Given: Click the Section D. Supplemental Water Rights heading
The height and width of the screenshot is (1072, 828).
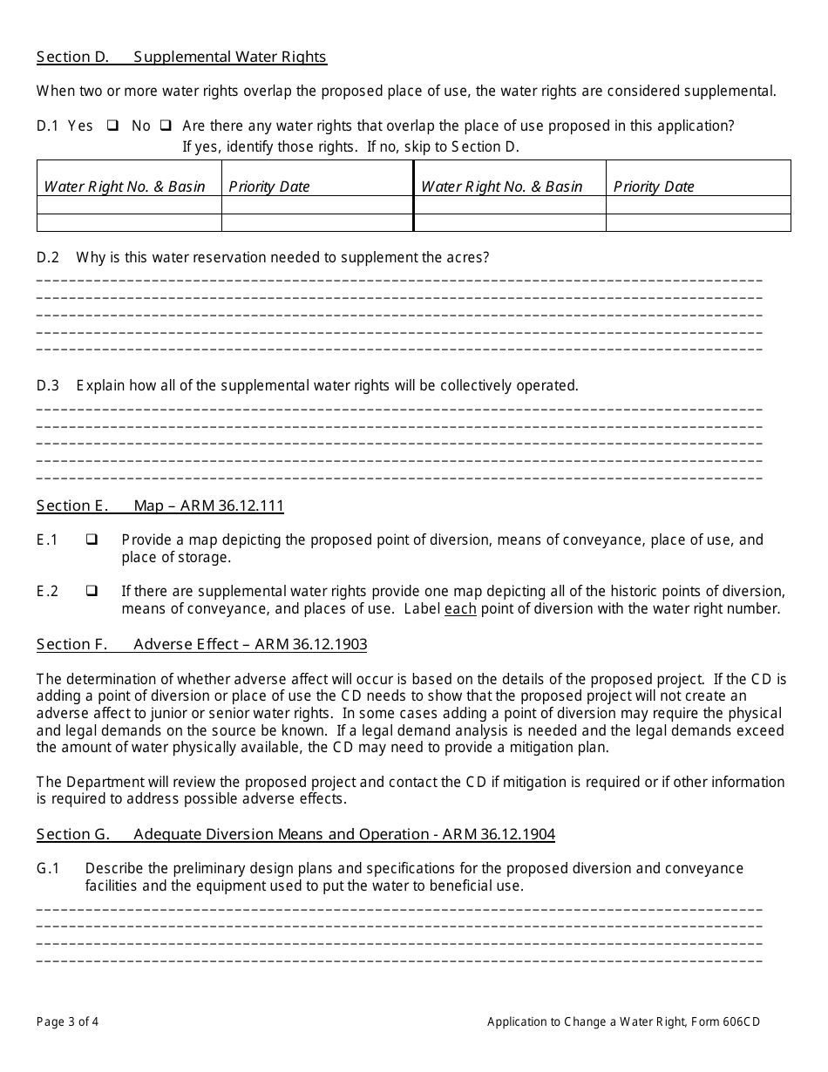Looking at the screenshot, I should coord(181,58).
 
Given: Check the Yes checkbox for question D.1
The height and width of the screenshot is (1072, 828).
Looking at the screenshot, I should coord(112,126).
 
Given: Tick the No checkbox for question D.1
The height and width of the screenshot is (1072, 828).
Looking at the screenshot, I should coord(165,126).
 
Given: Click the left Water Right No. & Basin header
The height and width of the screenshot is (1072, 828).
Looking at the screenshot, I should coord(125,187).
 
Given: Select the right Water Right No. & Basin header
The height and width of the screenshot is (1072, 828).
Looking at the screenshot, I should coord(502,187).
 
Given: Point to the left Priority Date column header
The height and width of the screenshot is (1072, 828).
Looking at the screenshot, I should coord(269,187).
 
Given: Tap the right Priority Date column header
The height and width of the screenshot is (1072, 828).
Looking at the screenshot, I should coord(654,187).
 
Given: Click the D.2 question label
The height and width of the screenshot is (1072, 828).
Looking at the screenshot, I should coord(48,257).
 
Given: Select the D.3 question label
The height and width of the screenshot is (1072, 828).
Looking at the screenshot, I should coord(48,385).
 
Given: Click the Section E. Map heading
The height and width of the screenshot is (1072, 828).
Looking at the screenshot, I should coord(160,505).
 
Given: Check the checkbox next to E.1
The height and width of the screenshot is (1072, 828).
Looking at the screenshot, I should coord(92,540).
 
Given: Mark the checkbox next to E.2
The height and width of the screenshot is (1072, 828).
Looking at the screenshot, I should coord(92,591).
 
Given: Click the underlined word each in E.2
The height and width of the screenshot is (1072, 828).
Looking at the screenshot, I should coord(460,609).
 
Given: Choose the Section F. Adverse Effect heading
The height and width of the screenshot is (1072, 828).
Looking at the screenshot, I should coord(201,644).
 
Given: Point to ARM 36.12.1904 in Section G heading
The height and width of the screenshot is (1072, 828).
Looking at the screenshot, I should coord(499,834).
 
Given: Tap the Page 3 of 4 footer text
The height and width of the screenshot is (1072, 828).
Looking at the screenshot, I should coord(73,1021).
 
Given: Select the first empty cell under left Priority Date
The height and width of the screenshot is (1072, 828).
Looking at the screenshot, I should coord(317,205).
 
